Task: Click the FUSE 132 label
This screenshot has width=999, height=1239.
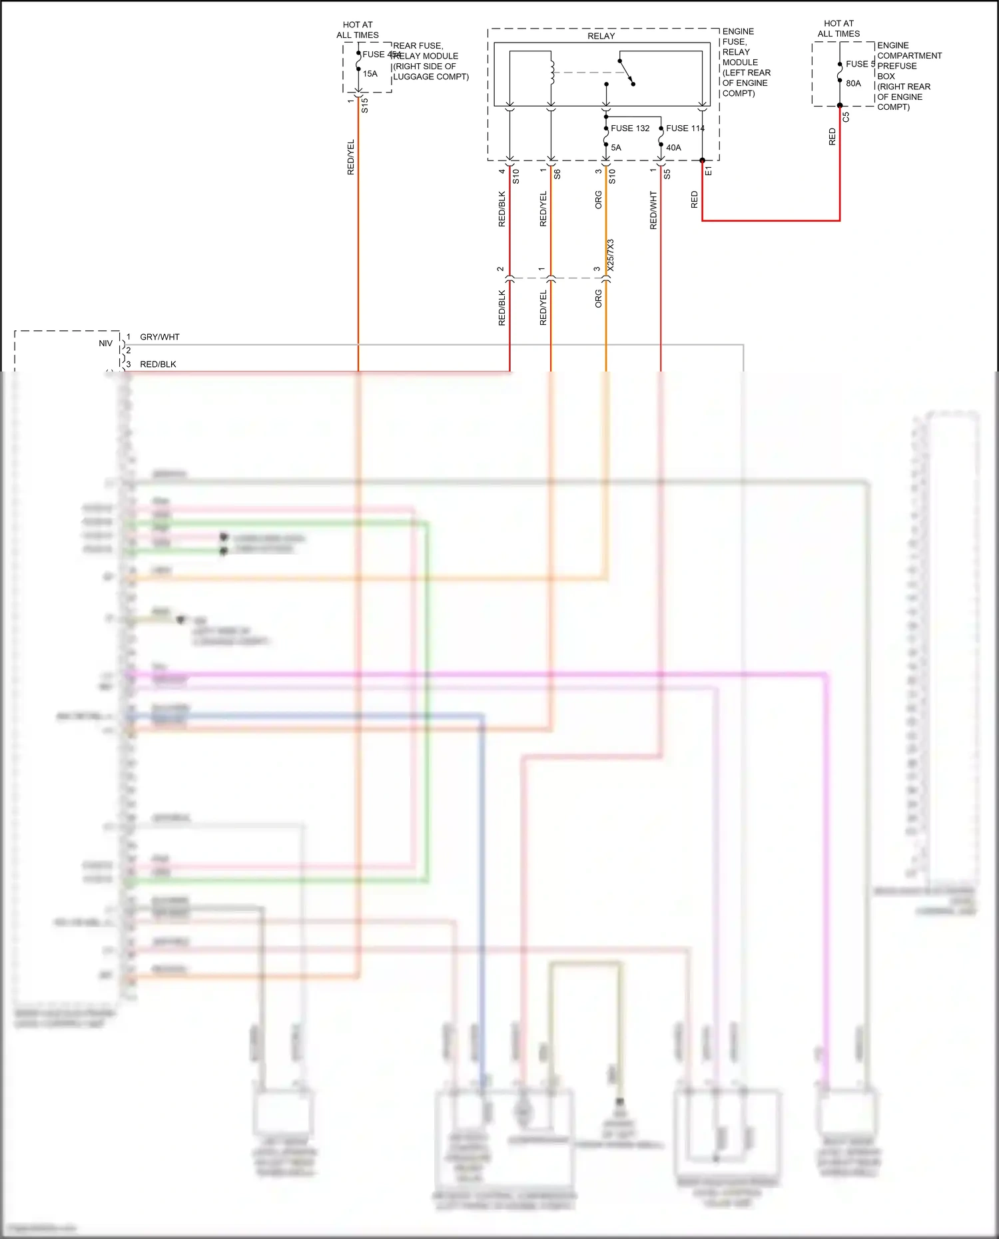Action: tap(629, 128)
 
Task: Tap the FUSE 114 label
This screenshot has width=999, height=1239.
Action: tap(685, 128)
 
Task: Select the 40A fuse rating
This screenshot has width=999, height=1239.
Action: tap(673, 148)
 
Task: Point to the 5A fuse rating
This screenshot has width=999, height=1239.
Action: tap(616, 148)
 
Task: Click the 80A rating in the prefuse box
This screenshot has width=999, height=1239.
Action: tap(853, 84)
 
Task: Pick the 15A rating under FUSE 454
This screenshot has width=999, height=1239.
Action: tap(370, 74)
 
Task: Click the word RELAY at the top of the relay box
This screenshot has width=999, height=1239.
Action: tap(601, 36)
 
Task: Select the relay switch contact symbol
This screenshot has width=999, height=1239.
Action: tap(627, 72)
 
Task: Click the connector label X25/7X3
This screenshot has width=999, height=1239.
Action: tap(611, 255)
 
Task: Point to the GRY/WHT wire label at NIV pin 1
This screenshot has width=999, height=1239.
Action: tap(160, 337)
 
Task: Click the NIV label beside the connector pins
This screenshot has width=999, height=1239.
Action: tap(105, 344)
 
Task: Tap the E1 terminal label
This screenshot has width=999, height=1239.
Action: tap(709, 172)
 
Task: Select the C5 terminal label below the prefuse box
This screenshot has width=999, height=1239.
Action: tap(846, 117)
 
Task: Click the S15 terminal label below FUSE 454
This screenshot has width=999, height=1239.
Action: tap(365, 105)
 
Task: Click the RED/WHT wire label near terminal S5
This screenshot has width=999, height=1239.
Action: tap(653, 210)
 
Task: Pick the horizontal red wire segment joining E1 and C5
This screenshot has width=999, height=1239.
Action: tap(771, 220)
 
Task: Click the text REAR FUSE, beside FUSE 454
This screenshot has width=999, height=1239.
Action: tap(418, 46)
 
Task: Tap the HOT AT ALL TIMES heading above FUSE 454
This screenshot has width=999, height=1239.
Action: tap(358, 30)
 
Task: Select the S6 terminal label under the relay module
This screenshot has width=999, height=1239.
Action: tap(557, 174)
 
